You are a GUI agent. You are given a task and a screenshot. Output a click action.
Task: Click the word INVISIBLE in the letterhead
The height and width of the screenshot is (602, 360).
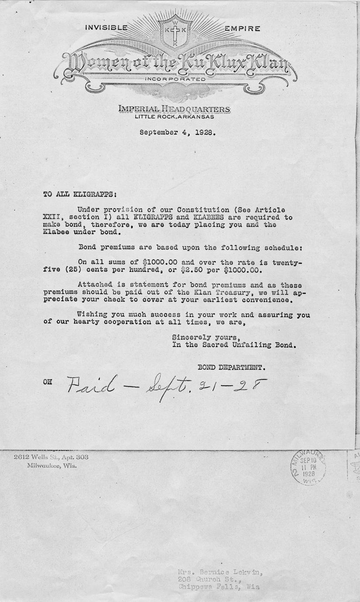pyautogui.click(x=106, y=28)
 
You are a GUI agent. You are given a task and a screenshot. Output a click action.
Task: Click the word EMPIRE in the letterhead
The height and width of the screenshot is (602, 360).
pyautogui.click(x=242, y=29)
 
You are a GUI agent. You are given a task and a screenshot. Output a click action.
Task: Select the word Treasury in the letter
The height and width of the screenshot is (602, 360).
pyautogui.click(x=240, y=292)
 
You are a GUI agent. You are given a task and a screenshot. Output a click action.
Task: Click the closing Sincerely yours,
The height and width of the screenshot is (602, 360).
pyautogui.click(x=206, y=337)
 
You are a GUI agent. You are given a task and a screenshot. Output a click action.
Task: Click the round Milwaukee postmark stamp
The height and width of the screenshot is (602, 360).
pyautogui.click(x=308, y=466)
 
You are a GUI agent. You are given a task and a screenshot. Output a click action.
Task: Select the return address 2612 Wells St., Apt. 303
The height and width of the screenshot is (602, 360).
pyautogui.click(x=51, y=457)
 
